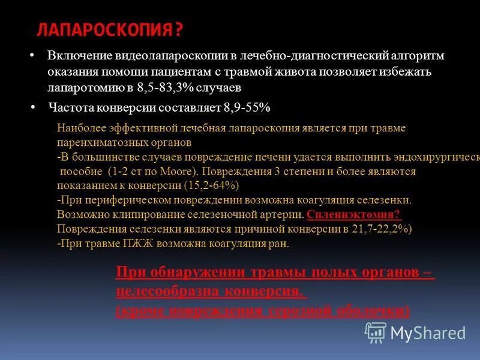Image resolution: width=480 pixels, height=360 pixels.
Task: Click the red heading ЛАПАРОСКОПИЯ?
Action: coord(110,30)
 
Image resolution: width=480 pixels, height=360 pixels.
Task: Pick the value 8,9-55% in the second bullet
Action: coord(247,108)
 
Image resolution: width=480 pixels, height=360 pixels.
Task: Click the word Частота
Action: coord(74,108)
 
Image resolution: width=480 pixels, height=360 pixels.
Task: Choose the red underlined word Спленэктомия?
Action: coord(353,215)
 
